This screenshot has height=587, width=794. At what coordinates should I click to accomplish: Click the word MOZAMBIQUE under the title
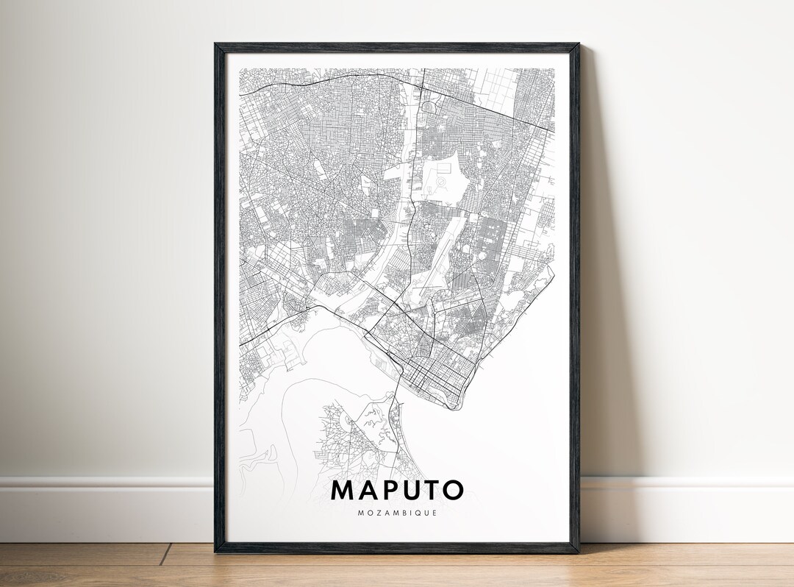point(398,513)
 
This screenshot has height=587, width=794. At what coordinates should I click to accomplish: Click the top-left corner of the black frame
point(215,44)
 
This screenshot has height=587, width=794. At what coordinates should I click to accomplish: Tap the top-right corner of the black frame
point(578,44)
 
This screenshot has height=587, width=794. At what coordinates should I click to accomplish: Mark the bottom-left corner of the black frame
point(215,552)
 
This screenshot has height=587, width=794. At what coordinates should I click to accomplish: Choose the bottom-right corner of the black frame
point(578,552)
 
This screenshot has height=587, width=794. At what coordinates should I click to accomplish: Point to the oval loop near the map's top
point(429,108)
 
